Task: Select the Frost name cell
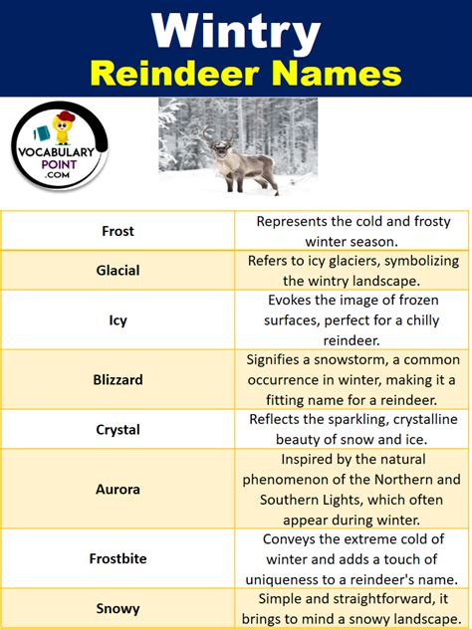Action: coord(118,231)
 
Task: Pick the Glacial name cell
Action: coord(118,271)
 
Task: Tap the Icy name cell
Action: coord(118,320)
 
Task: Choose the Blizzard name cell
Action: coord(118,379)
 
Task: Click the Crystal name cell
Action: coord(118,430)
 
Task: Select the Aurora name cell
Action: coord(118,489)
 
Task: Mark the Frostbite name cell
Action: coord(118,558)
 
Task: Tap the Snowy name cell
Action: coord(118,608)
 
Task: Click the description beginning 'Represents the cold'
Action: coord(353,231)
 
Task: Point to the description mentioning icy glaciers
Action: coord(353,271)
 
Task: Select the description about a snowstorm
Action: coord(353,379)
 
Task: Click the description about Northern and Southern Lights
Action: coord(353,489)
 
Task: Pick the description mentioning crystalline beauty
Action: coord(353,430)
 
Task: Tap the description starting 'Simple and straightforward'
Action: coord(353,608)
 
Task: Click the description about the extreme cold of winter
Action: coord(353,558)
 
